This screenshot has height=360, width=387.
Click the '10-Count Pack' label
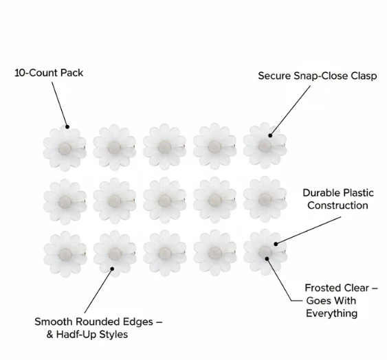(x=49, y=73)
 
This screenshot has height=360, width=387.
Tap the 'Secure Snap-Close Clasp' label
(x=318, y=76)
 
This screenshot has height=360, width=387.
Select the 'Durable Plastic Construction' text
(x=338, y=199)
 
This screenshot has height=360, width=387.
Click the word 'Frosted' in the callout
(x=321, y=288)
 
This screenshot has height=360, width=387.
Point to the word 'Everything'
(x=332, y=313)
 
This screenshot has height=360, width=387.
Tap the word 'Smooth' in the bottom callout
(x=54, y=322)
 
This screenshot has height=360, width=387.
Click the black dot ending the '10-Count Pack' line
(x=67, y=127)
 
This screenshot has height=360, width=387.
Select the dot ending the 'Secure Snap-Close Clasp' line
(x=270, y=135)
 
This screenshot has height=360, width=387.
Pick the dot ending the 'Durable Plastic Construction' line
(x=276, y=244)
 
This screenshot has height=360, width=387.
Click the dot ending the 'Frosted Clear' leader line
(x=267, y=258)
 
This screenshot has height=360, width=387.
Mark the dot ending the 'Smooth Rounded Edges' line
(x=112, y=269)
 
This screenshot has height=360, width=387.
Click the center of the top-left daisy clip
(x=65, y=148)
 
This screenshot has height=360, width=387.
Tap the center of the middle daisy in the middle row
(x=164, y=201)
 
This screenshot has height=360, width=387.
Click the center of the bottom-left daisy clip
(x=65, y=254)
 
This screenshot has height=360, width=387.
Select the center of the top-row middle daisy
(x=164, y=147)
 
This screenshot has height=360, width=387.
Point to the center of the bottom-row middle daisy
(x=165, y=253)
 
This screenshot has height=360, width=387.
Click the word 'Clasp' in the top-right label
(x=364, y=76)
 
